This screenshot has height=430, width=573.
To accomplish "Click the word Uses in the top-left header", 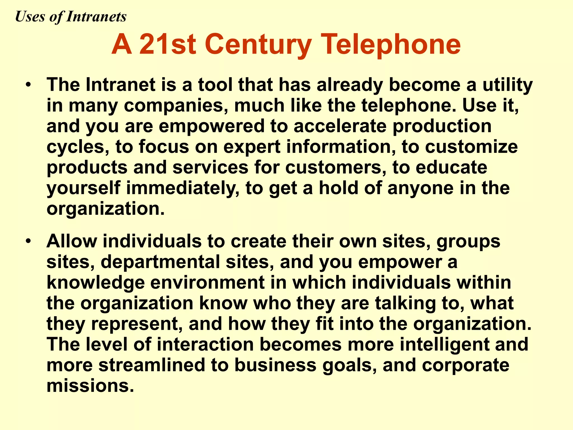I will (x=30, y=17).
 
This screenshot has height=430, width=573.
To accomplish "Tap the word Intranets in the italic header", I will (x=96, y=17).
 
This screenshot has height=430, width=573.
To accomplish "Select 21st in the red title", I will (x=167, y=45).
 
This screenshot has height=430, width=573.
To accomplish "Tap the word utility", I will (x=508, y=85).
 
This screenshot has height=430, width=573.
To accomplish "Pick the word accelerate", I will (x=340, y=126).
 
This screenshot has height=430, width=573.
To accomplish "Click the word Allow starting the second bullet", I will (x=72, y=241).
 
